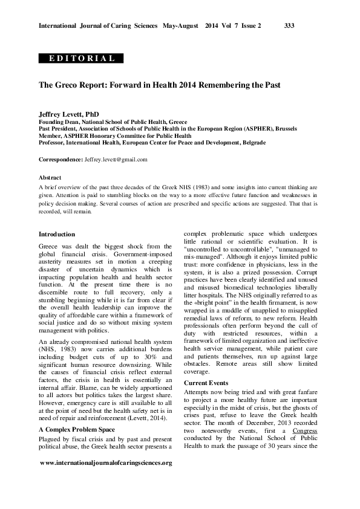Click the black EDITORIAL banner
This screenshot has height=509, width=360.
[x=81, y=59]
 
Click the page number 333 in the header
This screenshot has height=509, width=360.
[x=289, y=26]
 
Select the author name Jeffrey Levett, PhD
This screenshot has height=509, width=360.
[x=68, y=114]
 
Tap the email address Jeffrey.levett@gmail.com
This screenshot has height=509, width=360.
[x=116, y=160]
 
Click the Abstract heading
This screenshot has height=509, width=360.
[x=50, y=178]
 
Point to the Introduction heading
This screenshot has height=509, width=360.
[x=57, y=234]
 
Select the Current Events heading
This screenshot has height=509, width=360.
[x=208, y=383]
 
